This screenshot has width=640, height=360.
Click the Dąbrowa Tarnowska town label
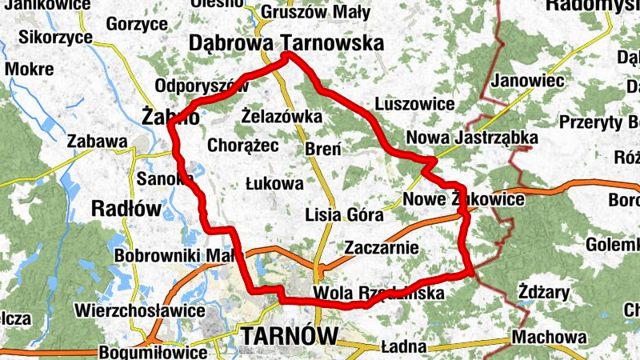[x=286, y=42]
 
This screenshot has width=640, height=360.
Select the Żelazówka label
[x=282, y=118]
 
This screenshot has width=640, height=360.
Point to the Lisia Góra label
[x=345, y=214]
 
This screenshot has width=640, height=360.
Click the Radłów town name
[x=127, y=208]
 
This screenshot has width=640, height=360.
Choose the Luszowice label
[x=414, y=104]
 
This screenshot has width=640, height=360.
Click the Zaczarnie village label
[x=381, y=248]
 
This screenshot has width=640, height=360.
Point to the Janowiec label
[x=529, y=80]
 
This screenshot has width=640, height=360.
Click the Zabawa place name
[x=98, y=142]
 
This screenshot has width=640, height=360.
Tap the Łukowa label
[x=274, y=183]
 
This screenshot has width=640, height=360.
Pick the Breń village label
[x=323, y=149]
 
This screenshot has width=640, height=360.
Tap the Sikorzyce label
[x=50, y=37]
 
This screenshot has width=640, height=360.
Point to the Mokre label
[x=29, y=69]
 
